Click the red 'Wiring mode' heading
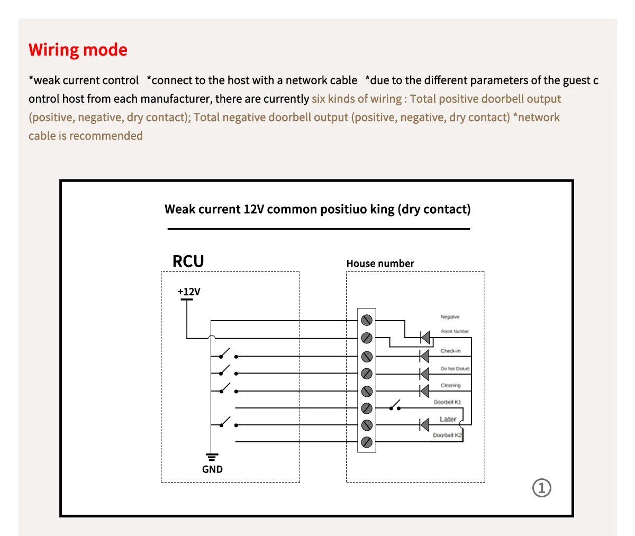[x=78, y=50]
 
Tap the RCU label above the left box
[x=188, y=261]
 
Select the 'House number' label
[x=380, y=264]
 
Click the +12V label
[x=189, y=292]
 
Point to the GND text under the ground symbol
[x=212, y=469]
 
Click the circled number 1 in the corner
[x=541, y=487]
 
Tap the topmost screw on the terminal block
[x=367, y=320]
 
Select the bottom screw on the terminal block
[x=367, y=442]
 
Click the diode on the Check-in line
[x=424, y=356]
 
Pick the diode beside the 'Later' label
[x=424, y=425]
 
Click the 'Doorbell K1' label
[x=447, y=402]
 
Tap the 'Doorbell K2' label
[x=447, y=435]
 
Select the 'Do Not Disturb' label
[x=455, y=368]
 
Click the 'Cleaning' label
[x=451, y=385]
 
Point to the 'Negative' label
[x=450, y=317]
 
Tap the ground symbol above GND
[x=212, y=457]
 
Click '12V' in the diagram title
[x=253, y=210]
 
